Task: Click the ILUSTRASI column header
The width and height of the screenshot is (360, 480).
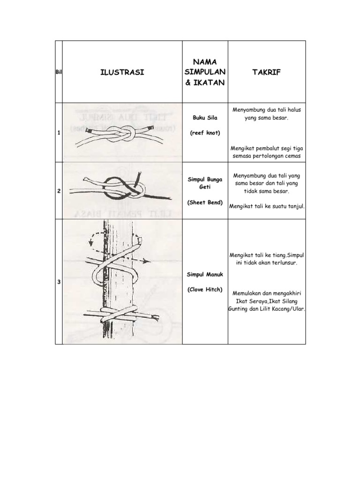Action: [122, 72]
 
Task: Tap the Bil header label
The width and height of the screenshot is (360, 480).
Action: [59, 72]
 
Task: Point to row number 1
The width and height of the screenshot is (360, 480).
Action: [59, 133]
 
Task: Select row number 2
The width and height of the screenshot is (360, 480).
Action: [59, 191]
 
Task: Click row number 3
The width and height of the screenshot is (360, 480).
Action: [59, 282]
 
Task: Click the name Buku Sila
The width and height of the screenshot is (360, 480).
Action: [205, 118]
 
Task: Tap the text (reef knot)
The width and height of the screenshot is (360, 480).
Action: [205, 133]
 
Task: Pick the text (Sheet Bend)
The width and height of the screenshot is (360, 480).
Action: [205, 202]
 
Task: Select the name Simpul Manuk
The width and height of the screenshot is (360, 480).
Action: [205, 274]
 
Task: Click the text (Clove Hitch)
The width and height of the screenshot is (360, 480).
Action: [205, 289]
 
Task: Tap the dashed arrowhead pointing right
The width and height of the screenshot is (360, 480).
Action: [147, 261]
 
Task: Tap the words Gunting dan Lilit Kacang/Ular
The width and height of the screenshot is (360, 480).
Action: [267, 309]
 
